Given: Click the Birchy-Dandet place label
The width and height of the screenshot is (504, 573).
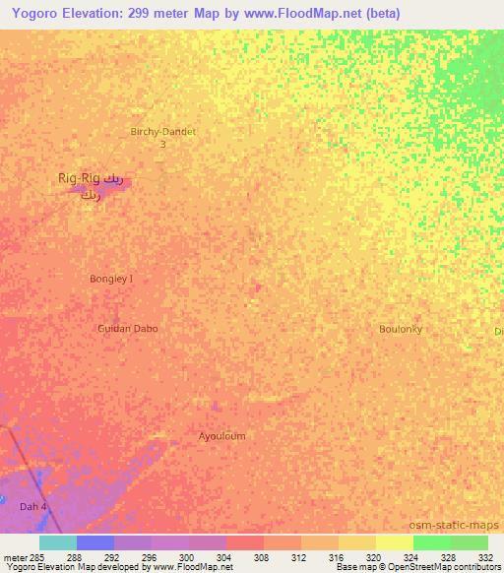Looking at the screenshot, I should tap(163, 131).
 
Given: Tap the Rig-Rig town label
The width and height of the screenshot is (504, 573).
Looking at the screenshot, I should tap(79, 178).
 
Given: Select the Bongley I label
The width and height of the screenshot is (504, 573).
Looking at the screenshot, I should tap(111, 279).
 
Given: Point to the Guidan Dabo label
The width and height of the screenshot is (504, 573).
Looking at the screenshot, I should tap(128, 328).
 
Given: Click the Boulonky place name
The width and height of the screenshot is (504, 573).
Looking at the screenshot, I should tap(401, 329).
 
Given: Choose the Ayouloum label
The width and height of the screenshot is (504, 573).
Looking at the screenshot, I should tap(221, 436).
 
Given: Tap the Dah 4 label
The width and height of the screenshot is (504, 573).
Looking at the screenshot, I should tap(33, 506).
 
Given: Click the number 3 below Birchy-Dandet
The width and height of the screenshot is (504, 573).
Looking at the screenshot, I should tap(163, 144).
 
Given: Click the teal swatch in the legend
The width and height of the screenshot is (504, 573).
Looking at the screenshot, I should tap(58, 542).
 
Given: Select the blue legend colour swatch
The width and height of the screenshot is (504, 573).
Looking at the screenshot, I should tap(95, 542).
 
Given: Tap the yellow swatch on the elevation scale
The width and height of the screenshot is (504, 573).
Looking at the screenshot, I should tap(395, 542).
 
